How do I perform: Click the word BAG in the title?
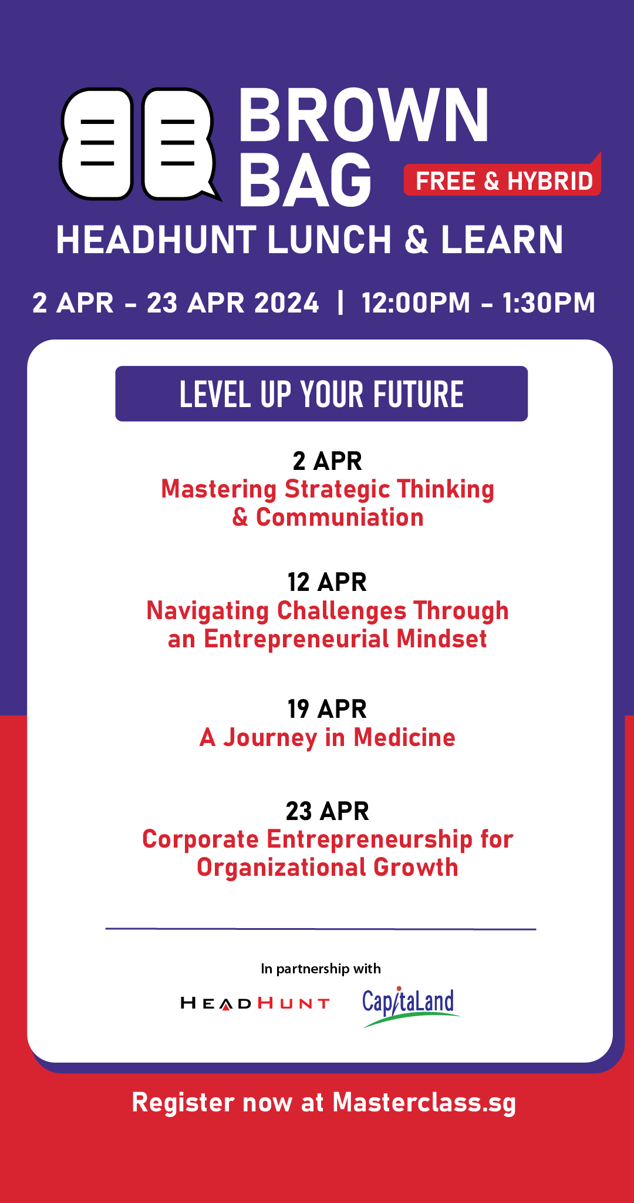click(x=305, y=179)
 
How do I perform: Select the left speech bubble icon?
click(x=96, y=144)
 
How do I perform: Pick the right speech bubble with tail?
click(x=179, y=144)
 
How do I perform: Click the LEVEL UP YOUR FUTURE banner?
click(x=322, y=394)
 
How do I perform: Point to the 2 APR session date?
click(x=328, y=461)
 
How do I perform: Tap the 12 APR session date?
click(x=327, y=582)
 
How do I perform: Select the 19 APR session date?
click(x=327, y=709)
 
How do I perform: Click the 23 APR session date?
click(x=328, y=811)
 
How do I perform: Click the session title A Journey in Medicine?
click(x=328, y=738)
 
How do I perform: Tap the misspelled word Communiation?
click(x=340, y=518)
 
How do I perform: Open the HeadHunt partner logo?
click(x=255, y=1003)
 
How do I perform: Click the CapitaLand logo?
click(x=410, y=1007)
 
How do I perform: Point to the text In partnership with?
click(x=321, y=969)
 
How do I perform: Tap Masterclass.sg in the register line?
click(x=424, y=1103)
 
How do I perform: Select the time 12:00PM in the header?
click(x=416, y=303)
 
